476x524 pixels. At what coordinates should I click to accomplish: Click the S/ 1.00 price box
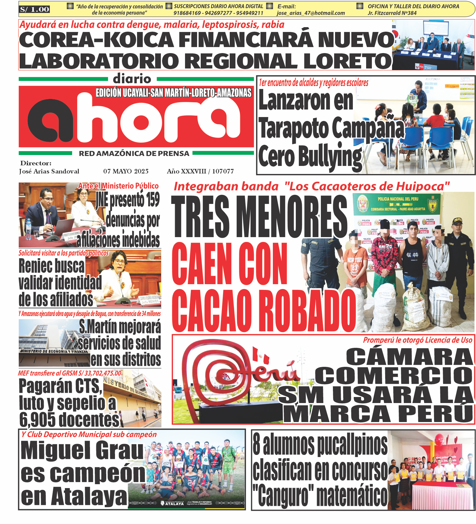tap(34, 9)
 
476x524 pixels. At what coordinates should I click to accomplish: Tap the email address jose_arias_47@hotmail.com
tap(311, 13)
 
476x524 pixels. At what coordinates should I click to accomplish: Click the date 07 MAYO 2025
tap(126, 171)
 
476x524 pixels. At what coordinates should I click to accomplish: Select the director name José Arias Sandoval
tap(49, 171)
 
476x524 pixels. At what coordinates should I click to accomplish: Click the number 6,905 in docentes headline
tap(38, 420)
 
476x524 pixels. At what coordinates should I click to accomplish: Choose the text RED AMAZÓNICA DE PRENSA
tap(134, 154)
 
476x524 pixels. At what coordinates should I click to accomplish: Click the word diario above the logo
tap(132, 79)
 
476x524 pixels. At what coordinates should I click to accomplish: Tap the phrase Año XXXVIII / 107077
tap(200, 171)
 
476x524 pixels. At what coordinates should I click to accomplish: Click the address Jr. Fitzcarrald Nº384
tap(392, 13)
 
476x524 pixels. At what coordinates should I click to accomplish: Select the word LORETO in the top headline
tap(347, 61)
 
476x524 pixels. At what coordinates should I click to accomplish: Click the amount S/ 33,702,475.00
tap(100, 373)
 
